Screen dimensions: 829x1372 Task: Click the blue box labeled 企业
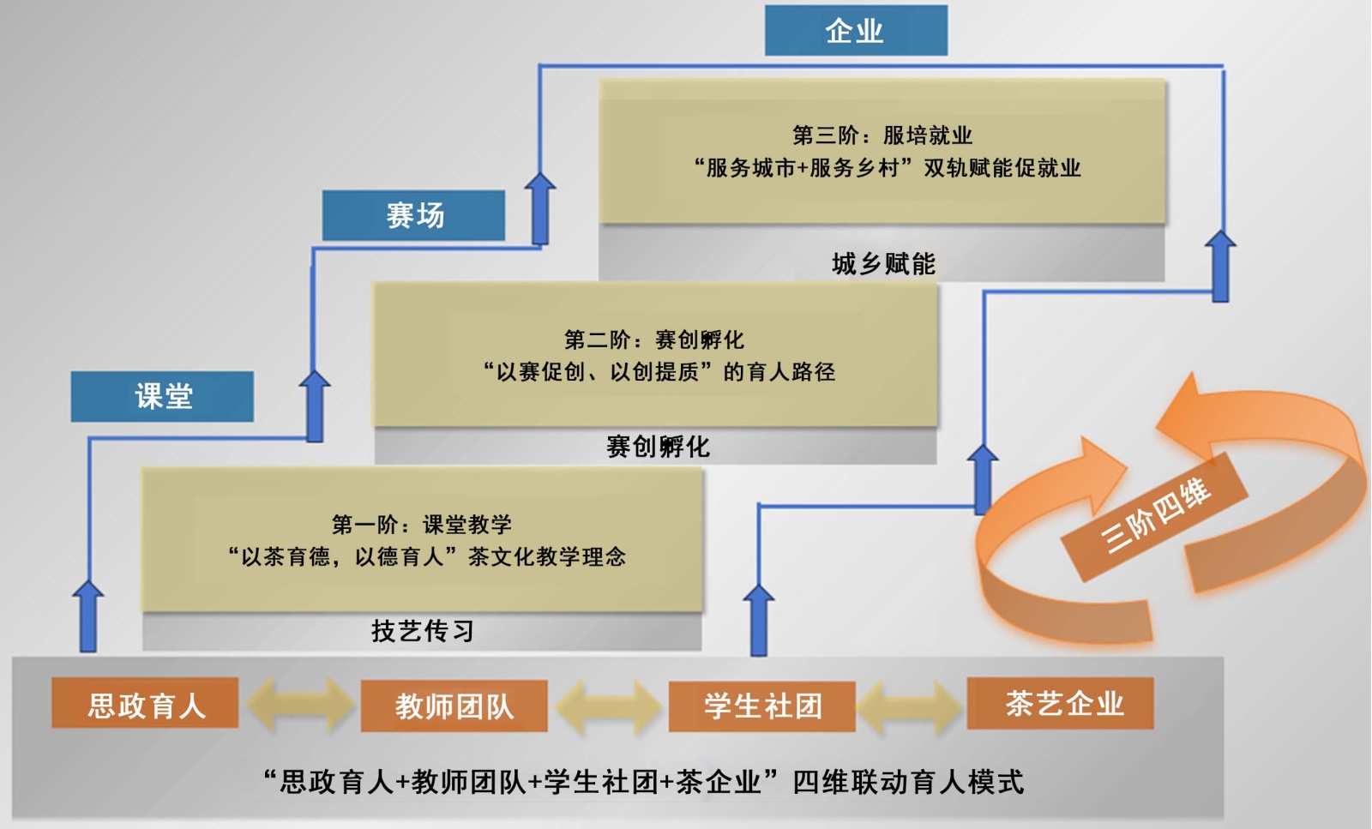(x=856, y=31)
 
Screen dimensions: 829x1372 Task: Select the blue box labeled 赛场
(x=414, y=215)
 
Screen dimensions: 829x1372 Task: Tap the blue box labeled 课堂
(x=162, y=396)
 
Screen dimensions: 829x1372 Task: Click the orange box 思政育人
(x=145, y=704)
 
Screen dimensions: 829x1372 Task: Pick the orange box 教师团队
(x=454, y=706)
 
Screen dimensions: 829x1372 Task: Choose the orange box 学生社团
(x=761, y=706)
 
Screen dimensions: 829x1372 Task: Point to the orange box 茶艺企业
(x=1061, y=704)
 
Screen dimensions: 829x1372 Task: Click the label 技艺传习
(x=422, y=631)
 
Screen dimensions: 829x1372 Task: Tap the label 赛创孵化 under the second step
(x=658, y=447)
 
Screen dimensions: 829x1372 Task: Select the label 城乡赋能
(x=883, y=263)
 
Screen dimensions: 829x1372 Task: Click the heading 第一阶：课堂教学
(x=422, y=524)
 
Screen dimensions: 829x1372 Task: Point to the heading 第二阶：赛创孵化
(x=654, y=339)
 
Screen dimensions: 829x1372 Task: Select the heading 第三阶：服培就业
(x=882, y=135)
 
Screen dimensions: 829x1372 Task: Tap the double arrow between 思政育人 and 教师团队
(x=299, y=705)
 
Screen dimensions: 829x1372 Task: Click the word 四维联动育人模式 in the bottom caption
(x=908, y=781)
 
